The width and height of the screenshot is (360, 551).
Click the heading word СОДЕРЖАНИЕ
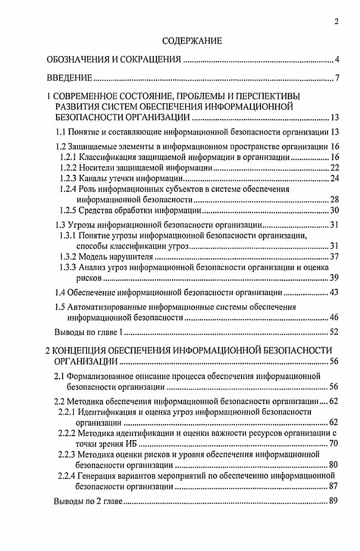click(x=192, y=41)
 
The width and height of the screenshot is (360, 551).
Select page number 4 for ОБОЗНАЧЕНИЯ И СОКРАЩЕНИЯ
click(x=336, y=60)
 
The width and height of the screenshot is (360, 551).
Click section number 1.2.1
click(x=68, y=157)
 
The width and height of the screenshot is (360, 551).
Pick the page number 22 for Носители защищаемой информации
click(x=333, y=168)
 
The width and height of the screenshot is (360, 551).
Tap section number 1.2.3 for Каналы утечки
click(x=68, y=179)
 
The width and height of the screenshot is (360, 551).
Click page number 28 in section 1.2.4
click(x=333, y=200)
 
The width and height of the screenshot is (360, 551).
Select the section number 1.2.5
click(x=68, y=210)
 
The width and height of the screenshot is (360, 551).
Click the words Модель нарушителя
click(x=116, y=257)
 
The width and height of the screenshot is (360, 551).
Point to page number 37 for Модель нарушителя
click(x=333, y=257)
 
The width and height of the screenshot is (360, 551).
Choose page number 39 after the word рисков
click(x=333, y=278)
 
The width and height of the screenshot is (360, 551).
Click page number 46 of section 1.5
click(x=333, y=318)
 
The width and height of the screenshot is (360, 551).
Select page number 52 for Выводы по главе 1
click(x=333, y=333)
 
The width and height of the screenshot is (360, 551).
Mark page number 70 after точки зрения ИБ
click(x=333, y=444)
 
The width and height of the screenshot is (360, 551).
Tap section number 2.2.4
click(x=67, y=475)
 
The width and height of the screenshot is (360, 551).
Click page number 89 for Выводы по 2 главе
click(x=333, y=501)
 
